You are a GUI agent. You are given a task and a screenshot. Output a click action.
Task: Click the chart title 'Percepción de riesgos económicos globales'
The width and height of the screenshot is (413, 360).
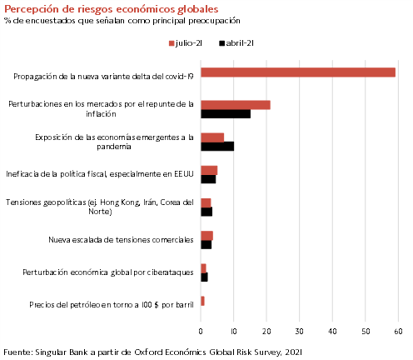[112, 9]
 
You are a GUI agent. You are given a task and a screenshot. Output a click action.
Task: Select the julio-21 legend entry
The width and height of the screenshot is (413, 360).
[186, 43]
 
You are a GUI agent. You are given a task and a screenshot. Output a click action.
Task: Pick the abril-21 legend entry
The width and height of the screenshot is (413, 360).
[236, 43]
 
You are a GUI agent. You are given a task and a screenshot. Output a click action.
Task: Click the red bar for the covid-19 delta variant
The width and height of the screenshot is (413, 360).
[298, 72]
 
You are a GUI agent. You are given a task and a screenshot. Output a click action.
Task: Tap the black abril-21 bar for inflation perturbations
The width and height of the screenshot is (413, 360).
[226, 114]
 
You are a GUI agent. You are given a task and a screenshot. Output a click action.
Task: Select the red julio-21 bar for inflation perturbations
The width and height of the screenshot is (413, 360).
[236, 105]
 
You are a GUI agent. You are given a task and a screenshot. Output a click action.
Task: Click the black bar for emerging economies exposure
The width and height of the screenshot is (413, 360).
[217, 147]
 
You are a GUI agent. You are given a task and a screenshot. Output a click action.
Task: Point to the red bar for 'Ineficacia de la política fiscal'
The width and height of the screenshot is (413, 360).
[209, 170]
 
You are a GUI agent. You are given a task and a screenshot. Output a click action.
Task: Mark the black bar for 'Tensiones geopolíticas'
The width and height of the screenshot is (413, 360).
[206, 212]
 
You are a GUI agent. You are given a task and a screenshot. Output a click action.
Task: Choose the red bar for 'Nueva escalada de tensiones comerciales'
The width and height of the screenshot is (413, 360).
[206, 236]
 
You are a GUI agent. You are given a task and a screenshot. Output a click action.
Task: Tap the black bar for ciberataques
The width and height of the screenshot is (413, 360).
[204, 277]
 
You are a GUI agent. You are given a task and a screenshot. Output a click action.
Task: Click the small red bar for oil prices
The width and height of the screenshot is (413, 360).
[202, 301]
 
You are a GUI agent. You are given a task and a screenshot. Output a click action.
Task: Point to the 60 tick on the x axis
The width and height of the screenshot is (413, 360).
[398, 332]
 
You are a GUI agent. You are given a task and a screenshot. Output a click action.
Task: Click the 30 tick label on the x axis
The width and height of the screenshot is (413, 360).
[300, 332]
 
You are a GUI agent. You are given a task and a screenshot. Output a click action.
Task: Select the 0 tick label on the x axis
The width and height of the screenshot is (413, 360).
[201, 332]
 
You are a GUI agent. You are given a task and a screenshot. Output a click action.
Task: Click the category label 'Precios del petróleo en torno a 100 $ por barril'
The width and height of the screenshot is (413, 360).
[112, 305]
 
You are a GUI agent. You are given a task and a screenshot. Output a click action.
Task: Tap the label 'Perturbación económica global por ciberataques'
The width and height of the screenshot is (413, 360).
[108, 272]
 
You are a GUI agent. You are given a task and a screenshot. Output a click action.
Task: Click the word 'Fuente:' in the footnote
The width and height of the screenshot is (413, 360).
[18, 352]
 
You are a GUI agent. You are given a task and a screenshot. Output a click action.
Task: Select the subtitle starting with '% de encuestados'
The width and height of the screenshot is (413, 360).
[122, 21]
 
